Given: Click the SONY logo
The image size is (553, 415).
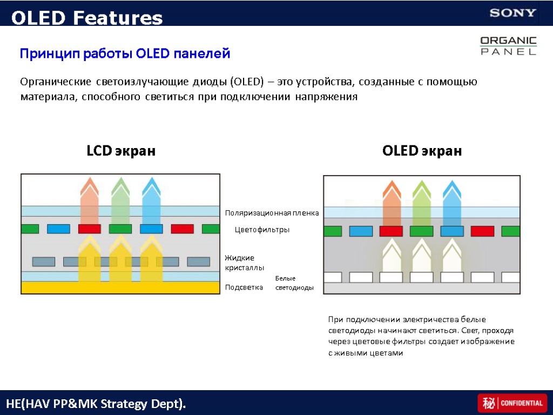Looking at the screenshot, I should point(512,13).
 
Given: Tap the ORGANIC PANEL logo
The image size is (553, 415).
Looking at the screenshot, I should point(508,46).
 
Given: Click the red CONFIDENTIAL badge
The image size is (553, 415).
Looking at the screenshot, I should point(512,403).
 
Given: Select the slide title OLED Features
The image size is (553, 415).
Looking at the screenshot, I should point(87,18).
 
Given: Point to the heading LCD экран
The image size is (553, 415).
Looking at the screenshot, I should point(121,151).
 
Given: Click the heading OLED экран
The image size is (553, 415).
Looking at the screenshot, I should point(422,151).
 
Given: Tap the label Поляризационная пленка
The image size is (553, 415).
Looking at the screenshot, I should point(272,213).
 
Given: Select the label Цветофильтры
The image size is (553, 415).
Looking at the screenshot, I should point(262,230).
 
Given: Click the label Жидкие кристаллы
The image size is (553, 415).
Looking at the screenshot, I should point(244,263).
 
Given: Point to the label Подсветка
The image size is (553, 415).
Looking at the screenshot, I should point(244,287).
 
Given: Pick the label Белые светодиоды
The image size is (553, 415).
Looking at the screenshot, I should point(294,283).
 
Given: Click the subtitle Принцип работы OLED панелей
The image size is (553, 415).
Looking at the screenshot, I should point(125,54).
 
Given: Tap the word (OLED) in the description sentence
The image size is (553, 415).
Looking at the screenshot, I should point(247,82).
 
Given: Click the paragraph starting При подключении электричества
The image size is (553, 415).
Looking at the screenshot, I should point(421,336).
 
